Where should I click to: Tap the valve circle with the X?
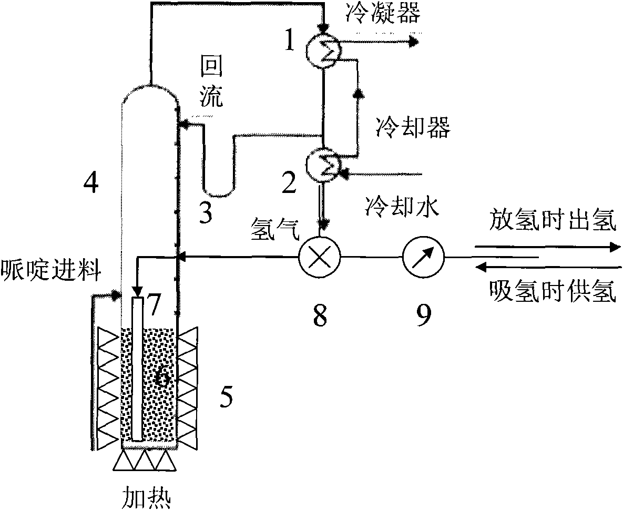click(x=320, y=257)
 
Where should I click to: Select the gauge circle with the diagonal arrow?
click(x=423, y=257)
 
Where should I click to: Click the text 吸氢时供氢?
click(x=552, y=291)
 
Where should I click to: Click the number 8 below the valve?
click(x=320, y=315)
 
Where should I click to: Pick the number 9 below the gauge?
click(x=423, y=315)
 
